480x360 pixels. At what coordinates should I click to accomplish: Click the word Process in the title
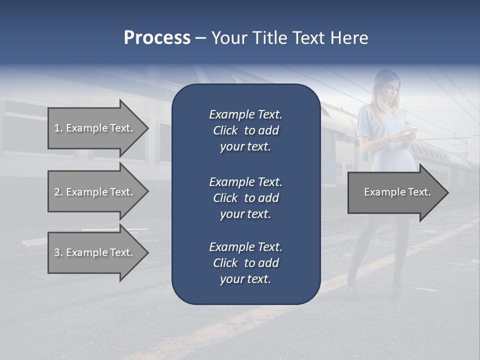157,38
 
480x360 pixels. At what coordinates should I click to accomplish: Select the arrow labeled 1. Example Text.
93,128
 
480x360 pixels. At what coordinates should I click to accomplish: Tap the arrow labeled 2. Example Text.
93,192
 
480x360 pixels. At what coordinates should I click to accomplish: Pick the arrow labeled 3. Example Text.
93,252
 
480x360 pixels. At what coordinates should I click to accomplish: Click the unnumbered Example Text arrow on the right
397,192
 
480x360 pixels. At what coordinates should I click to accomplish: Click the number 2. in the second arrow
58,192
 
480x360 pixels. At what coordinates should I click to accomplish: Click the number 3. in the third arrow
58,252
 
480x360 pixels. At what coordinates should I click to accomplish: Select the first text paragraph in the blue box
245,130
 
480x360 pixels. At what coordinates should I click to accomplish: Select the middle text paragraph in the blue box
245,197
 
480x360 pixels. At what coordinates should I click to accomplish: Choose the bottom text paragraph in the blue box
245,263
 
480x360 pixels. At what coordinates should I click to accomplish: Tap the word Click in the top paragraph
225,131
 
